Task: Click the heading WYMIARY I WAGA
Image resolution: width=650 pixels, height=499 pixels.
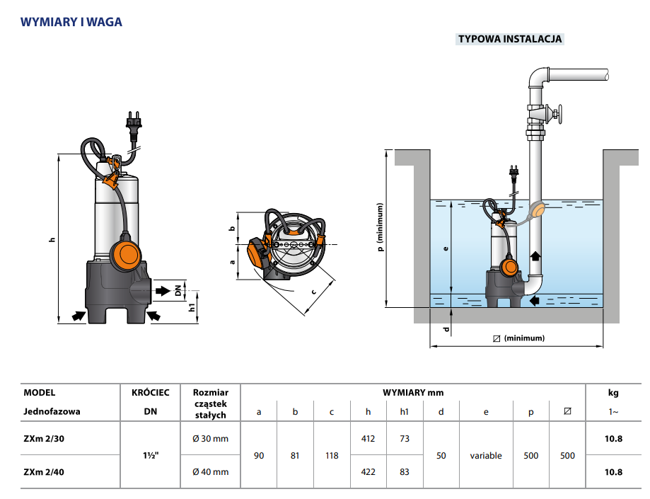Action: [71, 22]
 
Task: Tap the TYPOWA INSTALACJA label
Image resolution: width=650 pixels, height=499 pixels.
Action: [510, 39]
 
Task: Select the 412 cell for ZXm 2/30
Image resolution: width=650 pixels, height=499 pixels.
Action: [368, 439]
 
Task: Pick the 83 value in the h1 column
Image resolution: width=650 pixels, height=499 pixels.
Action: [404, 471]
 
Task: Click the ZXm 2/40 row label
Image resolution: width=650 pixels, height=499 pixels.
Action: [44, 471]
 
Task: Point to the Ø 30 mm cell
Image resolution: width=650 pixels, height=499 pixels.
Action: [210, 439]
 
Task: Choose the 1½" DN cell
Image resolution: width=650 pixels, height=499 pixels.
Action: [150, 455]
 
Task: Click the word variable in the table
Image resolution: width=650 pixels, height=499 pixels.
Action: [486, 456]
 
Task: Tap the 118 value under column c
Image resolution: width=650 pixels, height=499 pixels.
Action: [332, 456]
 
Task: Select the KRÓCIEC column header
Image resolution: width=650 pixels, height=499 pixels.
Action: [150, 392]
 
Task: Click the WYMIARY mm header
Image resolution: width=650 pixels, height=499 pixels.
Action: [413, 392]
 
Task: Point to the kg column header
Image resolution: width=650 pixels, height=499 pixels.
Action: [613, 392]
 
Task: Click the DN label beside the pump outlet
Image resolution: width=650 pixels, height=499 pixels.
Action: [179, 290]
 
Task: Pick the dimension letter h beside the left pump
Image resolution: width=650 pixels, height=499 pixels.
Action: [52, 240]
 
